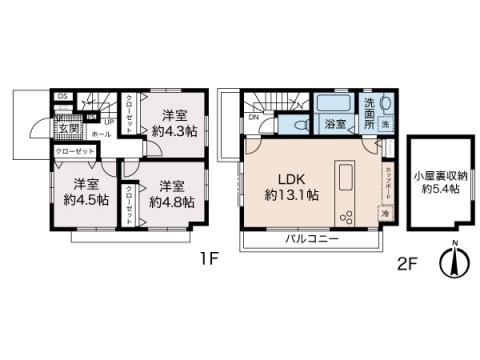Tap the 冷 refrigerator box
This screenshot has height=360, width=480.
pyautogui.click(x=383, y=214)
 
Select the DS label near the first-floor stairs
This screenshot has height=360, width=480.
pyautogui.click(x=63, y=97)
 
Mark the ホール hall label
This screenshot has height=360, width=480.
pyautogui.click(x=102, y=131)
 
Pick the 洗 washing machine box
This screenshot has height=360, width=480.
pyautogui.click(x=386, y=109)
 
